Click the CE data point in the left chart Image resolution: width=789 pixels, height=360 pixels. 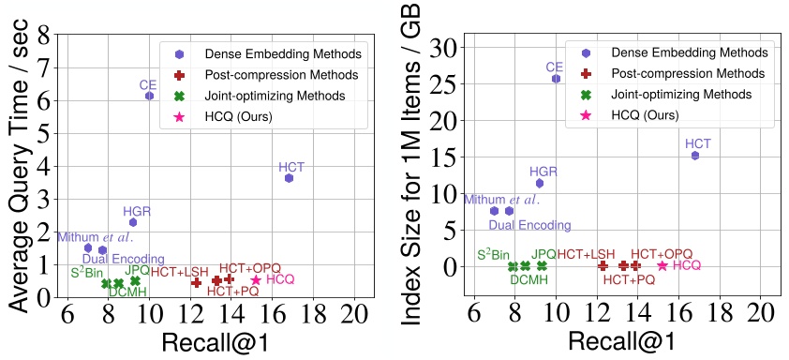(149, 96)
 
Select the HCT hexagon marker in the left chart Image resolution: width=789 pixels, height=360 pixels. (290, 177)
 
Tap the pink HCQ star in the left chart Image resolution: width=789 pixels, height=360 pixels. (256, 279)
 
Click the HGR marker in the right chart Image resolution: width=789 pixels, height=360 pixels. (540, 183)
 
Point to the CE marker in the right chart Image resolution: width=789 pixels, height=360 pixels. (556, 79)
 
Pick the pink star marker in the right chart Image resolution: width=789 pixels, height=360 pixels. (662, 265)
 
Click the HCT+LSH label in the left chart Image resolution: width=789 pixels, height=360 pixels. (180, 272)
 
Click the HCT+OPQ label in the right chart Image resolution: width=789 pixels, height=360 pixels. (661, 254)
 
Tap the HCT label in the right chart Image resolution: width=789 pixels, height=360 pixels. (698, 143)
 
